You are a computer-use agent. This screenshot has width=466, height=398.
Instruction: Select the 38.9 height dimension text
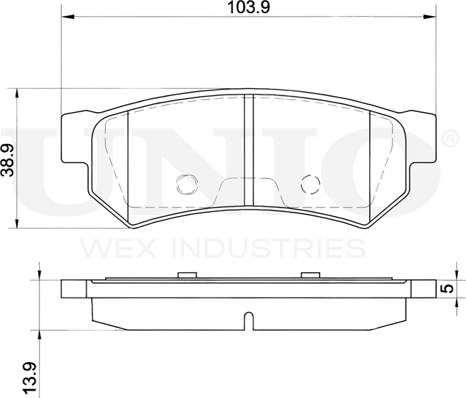pos(7,158)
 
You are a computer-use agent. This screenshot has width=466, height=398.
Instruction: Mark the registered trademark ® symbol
pos(449,138)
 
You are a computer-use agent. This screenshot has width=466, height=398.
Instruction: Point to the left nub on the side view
pos(187,275)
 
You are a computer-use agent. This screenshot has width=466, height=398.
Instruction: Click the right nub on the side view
pos(310,275)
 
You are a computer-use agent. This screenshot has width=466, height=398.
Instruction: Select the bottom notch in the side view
pos(248,319)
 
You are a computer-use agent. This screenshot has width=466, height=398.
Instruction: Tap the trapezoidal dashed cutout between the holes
pos(248,192)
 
